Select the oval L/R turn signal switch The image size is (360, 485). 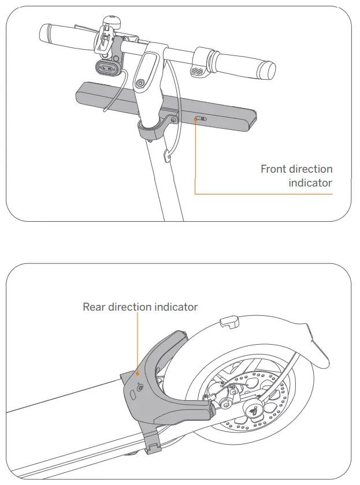coord(107,69)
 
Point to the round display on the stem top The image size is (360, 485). coord(139,84)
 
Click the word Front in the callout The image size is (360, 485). coord(274,169)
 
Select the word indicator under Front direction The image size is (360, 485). coord(310,183)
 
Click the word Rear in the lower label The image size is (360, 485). coord(95,307)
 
